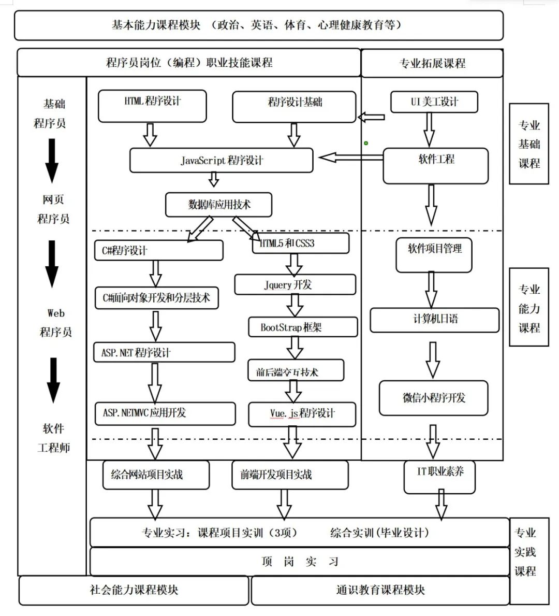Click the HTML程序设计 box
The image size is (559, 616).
coord(152,106)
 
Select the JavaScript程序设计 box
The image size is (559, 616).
coord(222,161)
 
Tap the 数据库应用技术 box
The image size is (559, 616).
coord(218,205)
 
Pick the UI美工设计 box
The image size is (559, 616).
coord(434,102)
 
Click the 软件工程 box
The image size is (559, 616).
coord(435,165)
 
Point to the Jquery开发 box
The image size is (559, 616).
coord(295,284)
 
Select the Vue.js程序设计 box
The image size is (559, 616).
coord(302,414)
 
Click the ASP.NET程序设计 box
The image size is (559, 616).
coord(164,353)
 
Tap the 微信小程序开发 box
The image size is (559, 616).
coord(434,398)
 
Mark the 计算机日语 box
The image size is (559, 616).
coord(435,320)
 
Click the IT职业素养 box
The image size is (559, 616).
coord(439,476)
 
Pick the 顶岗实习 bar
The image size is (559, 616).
coord(299,562)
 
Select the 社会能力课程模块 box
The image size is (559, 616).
coord(134,590)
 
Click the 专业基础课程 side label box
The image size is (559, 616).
coord(528,144)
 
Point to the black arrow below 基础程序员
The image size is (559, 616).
coord(52,161)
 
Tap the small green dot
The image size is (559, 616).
coord(366,143)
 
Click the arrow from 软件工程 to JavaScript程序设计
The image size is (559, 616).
coord(350,157)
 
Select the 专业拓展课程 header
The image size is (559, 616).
coord(432,63)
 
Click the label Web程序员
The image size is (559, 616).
coord(55,322)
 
